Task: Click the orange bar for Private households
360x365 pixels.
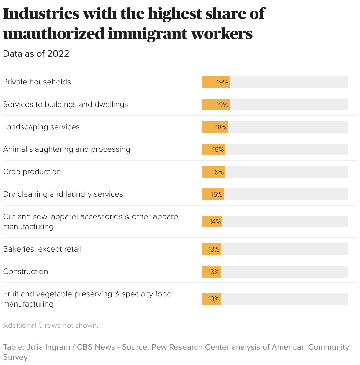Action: click(216, 82)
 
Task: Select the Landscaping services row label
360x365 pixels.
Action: click(41, 127)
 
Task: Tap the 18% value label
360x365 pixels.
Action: click(221, 127)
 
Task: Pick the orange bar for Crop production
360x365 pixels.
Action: click(214, 172)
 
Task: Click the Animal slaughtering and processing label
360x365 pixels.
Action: click(66, 149)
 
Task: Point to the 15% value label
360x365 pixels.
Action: click(216, 194)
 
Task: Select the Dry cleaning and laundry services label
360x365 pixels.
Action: click(63, 194)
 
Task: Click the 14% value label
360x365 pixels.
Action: click(215, 221)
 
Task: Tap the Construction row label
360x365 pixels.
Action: click(25, 272)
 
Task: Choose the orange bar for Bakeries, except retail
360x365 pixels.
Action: click(212, 249)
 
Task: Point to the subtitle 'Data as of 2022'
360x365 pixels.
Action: click(36, 54)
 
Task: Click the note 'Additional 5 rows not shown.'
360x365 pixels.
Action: click(51, 325)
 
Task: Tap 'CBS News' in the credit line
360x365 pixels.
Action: click(96, 347)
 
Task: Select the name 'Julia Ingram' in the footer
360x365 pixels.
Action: click(48, 347)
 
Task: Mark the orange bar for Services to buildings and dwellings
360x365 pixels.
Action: click(216, 105)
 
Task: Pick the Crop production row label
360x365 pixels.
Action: click(32, 172)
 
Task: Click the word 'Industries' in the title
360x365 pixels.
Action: click(41, 14)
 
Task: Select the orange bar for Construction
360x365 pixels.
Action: click(212, 272)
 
